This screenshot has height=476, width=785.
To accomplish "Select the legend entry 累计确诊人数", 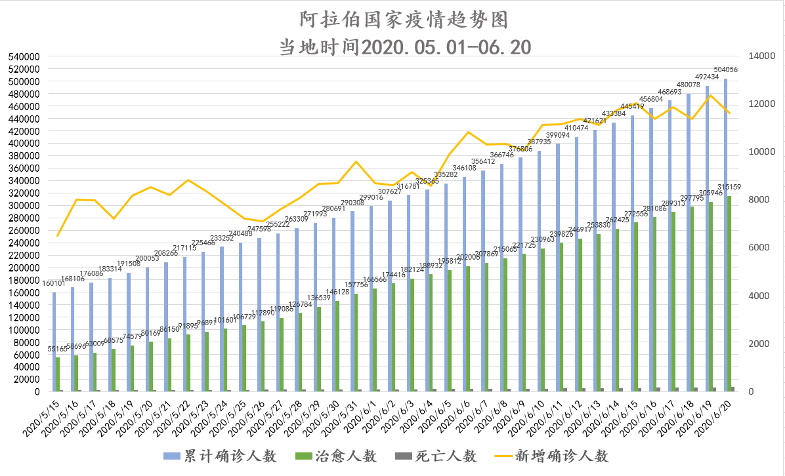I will [x=221, y=456].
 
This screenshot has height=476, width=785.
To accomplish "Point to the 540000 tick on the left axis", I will [x=24, y=56].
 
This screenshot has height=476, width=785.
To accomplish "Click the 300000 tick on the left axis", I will [x=24, y=205].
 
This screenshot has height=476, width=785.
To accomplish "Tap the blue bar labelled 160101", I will [x=54, y=342].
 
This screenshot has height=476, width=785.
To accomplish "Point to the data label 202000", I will [x=468, y=258].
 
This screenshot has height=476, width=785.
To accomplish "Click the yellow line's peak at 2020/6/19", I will [x=710, y=95].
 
